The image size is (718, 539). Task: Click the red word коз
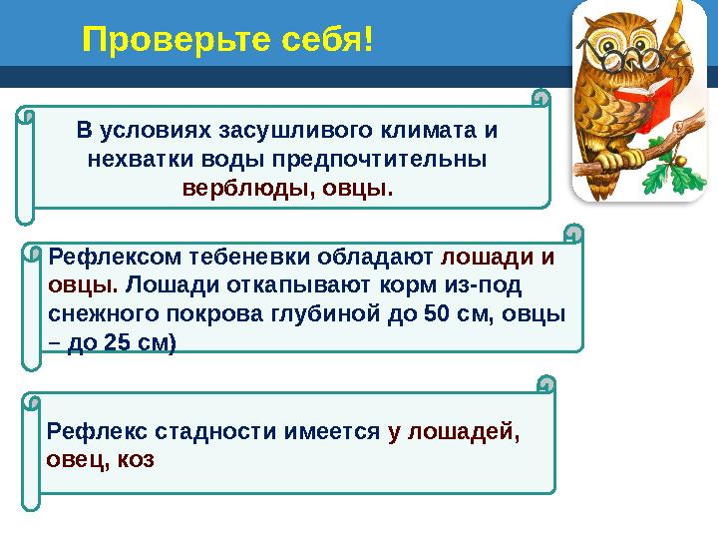[135, 461]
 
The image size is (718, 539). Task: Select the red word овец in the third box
[75, 461]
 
